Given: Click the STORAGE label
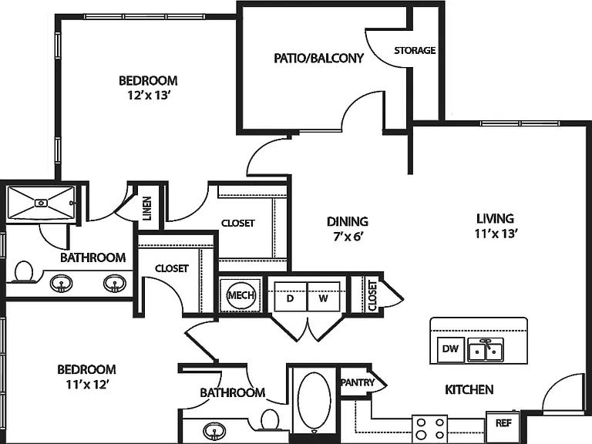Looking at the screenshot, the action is (415, 50).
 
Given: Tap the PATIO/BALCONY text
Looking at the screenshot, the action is (318, 58).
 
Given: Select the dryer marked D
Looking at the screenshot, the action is (291, 297).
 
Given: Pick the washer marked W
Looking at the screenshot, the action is (324, 297).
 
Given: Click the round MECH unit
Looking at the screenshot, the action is (240, 295).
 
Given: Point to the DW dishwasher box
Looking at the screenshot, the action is (450, 348).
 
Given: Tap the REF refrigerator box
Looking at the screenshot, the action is (503, 423).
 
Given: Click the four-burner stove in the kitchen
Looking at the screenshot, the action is (429, 429).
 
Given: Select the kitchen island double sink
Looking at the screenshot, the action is (486, 350).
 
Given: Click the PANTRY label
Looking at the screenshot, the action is (358, 382).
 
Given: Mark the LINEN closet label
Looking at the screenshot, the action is (147, 208).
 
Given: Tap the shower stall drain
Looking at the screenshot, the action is (41, 203).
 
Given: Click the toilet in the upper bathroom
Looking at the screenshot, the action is (24, 272).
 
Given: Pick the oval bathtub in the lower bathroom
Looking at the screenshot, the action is (314, 402).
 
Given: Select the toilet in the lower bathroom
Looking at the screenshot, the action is (270, 420).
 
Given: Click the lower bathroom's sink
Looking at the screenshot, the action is (214, 430).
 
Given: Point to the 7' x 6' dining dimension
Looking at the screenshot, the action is (348, 237).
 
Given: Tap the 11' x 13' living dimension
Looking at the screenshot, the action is (496, 234).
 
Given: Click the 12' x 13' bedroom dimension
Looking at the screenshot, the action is (147, 95).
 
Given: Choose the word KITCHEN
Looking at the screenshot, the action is (469, 389).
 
